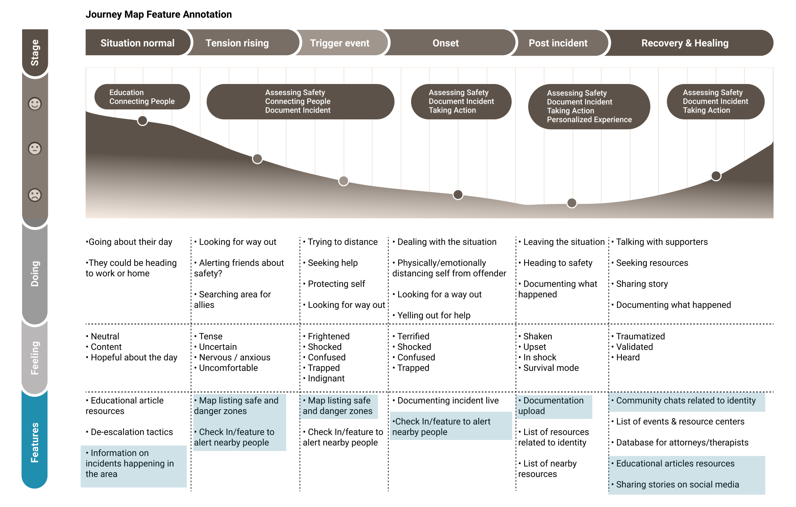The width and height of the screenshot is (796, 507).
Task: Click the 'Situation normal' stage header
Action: coord(137,43)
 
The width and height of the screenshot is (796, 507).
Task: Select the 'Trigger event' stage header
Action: coord(339,43)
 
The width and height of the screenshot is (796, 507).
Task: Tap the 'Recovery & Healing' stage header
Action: coord(685,43)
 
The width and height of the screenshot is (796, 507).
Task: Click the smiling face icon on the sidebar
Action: coord(35,104)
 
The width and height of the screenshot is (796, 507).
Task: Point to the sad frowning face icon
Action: coord(35,195)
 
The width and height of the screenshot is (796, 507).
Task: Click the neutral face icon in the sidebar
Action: coord(35,148)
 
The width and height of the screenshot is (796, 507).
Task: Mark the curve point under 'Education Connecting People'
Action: coord(143,120)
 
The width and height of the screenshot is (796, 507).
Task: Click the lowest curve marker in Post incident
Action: coord(572,203)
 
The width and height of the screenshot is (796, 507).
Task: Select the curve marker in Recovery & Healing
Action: coord(716,176)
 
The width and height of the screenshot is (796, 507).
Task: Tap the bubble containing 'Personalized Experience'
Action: coord(589,106)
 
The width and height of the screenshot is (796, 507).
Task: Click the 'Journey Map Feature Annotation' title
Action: coord(159,14)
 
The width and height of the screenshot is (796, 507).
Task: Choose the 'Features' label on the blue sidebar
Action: coord(35,442)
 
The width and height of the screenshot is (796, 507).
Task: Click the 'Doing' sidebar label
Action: coord(35,273)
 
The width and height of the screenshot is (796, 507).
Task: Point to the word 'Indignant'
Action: coord(326,378)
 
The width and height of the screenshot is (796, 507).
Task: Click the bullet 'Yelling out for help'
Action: coord(434,315)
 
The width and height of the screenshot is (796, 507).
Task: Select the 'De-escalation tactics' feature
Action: coord(132,432)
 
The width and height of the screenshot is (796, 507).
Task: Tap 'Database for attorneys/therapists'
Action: coord(682,443)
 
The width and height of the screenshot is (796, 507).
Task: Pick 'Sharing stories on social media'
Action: coord(677,485)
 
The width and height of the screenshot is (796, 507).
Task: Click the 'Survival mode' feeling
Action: coord(551,368)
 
